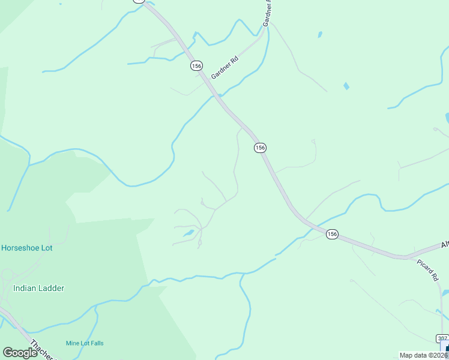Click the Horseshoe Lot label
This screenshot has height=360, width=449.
click(26, 248)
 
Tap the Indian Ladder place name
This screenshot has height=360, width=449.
click(38, 288)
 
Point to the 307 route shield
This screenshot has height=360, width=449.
click(442, 338)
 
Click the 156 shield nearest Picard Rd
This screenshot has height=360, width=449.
click(332, 234)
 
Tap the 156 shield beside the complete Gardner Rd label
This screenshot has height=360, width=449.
click(196, 65)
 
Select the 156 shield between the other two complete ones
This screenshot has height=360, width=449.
click(259, 148)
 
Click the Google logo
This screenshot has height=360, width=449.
click(20, 353)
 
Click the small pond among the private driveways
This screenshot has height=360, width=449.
click(188, 233)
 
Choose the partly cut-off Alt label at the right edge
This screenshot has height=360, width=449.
click(445, 246)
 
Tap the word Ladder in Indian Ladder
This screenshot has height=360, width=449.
click(51, 288)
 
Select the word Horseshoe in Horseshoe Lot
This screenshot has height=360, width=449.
click(21, 248)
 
